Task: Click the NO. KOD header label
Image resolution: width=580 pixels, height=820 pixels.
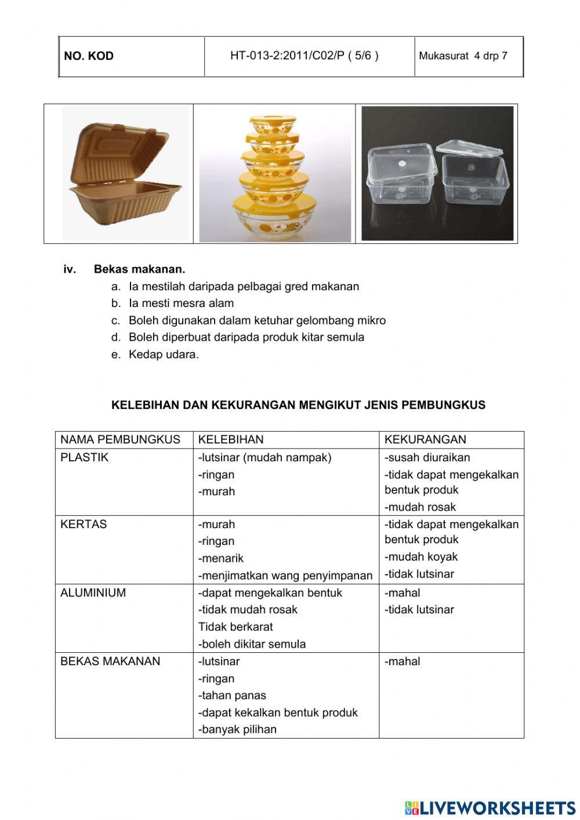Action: [89, 56]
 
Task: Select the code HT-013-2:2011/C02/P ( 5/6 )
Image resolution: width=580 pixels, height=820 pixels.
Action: [304, 56]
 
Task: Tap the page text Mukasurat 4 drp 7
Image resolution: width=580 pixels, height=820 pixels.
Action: [463, 56]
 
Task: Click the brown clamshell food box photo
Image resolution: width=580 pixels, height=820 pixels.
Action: [125, 174]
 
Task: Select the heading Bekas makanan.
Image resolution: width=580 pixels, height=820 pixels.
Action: [139, 269]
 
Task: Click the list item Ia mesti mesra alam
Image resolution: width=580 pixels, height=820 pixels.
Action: [181, 303]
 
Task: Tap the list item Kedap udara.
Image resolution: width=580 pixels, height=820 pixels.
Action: [164, 355]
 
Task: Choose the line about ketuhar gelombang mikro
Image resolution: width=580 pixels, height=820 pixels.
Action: [257, 320]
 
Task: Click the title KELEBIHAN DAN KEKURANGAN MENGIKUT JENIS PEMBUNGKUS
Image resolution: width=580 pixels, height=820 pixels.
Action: [298, 405]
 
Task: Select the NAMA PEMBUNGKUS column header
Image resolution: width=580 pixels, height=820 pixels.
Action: [120, 440]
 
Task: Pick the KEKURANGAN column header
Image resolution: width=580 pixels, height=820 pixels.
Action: [425, 440]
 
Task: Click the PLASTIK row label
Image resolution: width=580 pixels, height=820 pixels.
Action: [84, 457]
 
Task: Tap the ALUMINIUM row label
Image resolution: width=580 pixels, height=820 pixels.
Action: [93, 593]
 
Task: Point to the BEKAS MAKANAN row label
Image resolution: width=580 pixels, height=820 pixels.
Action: [110, 661]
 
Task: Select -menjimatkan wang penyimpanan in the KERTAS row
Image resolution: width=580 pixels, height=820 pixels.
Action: [285, 576]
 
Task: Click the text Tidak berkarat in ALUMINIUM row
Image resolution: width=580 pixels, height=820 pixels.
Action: [235, 627]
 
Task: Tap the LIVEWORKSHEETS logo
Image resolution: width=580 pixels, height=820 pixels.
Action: [490, 808]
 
